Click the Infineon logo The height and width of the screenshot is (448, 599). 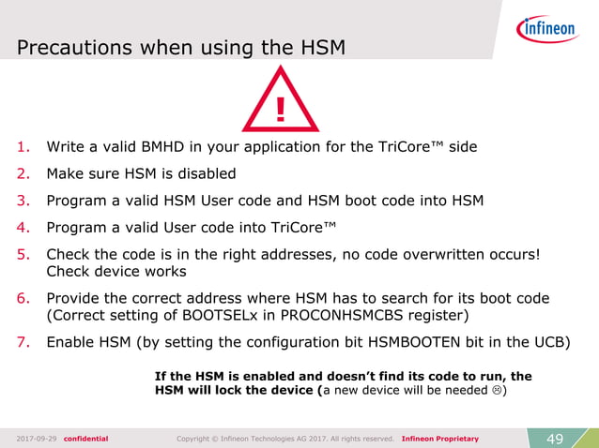coord(546,30)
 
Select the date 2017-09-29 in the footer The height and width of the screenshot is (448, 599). coord(36,438)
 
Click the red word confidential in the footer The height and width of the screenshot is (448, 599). coord(85,438)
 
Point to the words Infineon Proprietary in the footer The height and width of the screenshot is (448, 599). coord(439,438)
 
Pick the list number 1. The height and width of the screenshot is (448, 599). coord(24,147)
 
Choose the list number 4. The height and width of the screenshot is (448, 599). coord(24,226)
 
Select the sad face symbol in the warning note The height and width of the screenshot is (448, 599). coord(498,391)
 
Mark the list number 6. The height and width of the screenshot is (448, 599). coord(24,298)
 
